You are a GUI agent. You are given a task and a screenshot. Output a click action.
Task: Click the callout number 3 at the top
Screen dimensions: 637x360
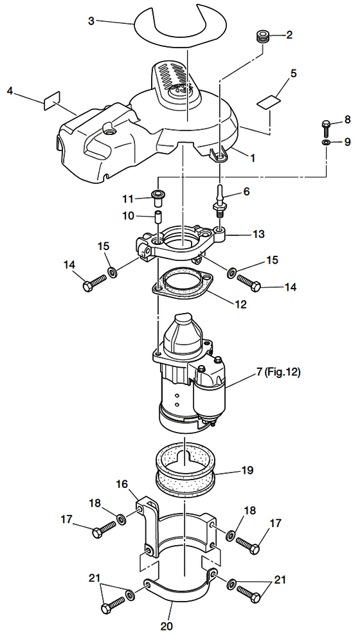91,21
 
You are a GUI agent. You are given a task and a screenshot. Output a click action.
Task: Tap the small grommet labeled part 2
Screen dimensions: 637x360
262,35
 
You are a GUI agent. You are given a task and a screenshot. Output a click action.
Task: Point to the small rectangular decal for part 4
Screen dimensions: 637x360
51,101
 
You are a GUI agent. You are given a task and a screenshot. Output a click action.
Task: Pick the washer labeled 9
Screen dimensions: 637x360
327,141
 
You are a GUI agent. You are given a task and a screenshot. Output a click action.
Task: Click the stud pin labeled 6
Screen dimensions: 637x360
220,199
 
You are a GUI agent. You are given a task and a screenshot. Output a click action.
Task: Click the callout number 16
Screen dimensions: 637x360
122,484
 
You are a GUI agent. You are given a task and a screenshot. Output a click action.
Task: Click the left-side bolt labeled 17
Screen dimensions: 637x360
104,529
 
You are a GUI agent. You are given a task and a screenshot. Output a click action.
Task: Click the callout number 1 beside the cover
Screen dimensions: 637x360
253,157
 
